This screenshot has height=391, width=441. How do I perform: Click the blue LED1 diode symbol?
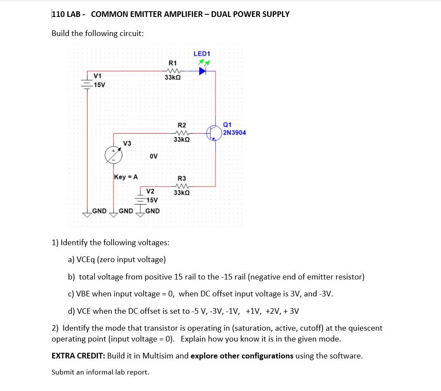pos(202,71)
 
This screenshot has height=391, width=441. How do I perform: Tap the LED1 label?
pos(202,54)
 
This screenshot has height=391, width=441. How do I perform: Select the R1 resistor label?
pos(173,63)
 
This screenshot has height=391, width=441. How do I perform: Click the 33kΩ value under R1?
pos(173,77)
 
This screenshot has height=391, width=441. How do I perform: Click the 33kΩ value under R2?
pos(182,140)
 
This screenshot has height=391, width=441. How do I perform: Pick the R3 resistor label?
pos(182,178)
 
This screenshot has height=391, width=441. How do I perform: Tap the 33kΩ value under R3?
pos(182,192)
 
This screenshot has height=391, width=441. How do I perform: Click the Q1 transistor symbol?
pos(214,132)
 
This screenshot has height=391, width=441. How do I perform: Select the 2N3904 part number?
pos(235,132)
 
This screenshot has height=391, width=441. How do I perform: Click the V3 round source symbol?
pos(114,155)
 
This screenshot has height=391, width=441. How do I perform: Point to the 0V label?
pos(154,156)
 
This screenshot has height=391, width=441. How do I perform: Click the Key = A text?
pos(126,177)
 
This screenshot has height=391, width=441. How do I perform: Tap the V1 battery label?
pos(98,76)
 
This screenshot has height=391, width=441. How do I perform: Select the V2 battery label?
pos(150,191)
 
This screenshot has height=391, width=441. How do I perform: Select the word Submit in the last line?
pos(63,372)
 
